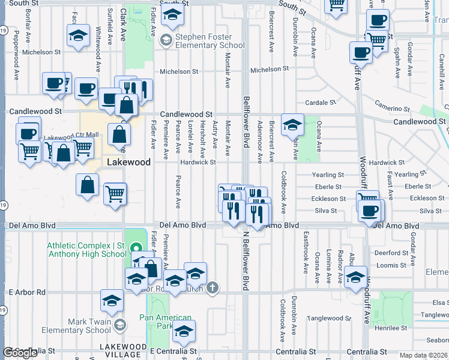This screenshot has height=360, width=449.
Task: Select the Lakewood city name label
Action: [x=128, y=162]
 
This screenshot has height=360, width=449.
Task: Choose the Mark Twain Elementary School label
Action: [x=81, y=326]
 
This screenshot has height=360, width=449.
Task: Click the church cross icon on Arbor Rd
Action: [x=211, y=289]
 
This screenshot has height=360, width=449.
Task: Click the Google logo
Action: [x=20, y=353]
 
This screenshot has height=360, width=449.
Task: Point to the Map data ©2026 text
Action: [x=422, y=355]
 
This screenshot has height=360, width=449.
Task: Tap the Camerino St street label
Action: [x=393, y=109]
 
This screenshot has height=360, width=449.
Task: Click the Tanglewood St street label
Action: [x=329, y=318]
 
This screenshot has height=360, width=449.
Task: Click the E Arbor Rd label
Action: [x=26, y=292]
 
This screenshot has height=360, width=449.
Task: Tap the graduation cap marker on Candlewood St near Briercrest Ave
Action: [x=292, y=125]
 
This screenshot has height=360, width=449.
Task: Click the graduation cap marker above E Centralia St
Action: [x=183, y=331]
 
